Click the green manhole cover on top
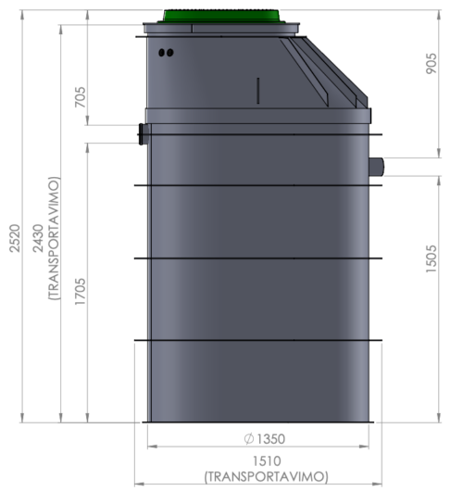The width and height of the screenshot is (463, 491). [221, 16]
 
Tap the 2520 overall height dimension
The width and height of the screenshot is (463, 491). [15, 238]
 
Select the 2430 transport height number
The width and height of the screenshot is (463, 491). [38, 238]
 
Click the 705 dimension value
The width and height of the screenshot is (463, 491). [81, 97]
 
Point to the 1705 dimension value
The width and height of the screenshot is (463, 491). [81, 292]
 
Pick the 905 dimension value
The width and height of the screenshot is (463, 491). [432, 64]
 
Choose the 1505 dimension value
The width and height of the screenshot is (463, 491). [432, 259]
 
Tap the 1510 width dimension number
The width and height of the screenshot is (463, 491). [267, 461]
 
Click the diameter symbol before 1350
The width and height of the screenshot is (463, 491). [249, 439]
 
